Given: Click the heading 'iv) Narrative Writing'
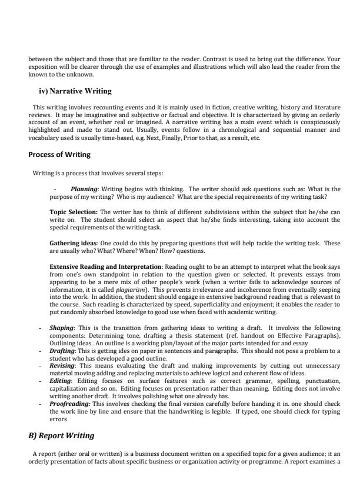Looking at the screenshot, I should coord(75,91).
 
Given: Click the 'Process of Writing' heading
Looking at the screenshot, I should coord(60,155).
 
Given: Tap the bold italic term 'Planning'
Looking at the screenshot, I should coord(85,189).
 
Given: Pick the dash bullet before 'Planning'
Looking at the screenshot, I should coord(55,189).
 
